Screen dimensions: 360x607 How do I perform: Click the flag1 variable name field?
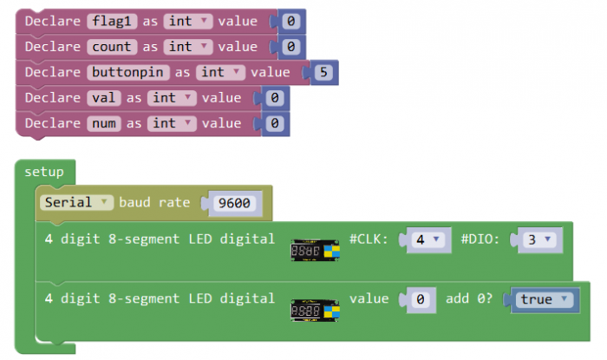(x=113, y=21)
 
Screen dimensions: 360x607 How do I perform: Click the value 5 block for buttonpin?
(x=323, y=73)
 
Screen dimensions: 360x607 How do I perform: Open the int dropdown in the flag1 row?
(x=188, y=21)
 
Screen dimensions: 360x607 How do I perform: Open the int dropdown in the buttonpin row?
(x=220, y=73)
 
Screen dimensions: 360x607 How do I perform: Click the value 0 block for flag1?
(x=290, y=21)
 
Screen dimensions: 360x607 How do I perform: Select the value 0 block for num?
(x=274, y=123)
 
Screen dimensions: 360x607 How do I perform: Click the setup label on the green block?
(x=43, y=172)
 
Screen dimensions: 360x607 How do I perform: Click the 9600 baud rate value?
(x=234, y=204)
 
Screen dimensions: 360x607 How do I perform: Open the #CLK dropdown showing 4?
(x=427, y=239)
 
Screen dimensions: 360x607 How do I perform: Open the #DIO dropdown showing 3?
(x=538, y=239)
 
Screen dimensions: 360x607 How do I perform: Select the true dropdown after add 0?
(x=543, y=299)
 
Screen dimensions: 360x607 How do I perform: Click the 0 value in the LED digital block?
(x=420, y=299)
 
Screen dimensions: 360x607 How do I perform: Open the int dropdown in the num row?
(x=172, y=123)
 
